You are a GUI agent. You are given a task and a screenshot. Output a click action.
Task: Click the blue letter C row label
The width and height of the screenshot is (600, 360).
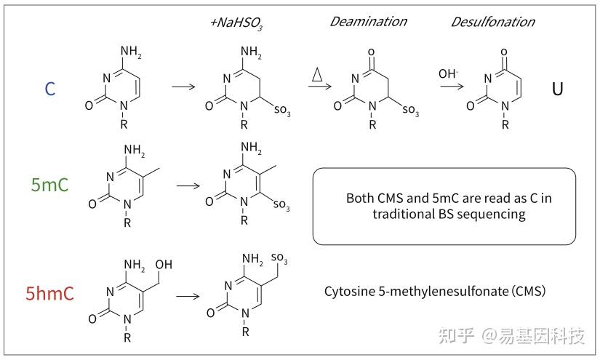click(50, 89)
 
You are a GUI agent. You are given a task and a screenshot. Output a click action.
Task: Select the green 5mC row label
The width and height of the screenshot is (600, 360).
click(50, 185)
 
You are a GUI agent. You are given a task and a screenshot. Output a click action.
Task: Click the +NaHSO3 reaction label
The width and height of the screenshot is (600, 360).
click(236, 23)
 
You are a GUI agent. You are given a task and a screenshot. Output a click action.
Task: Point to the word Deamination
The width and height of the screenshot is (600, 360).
click(369, 21)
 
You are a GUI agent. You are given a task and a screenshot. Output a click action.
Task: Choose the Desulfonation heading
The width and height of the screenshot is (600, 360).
click(493, 21)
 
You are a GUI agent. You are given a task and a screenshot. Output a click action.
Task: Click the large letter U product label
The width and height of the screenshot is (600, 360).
click(557, 89)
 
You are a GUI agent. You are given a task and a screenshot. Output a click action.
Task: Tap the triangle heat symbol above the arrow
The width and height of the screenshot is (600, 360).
click(318, 74)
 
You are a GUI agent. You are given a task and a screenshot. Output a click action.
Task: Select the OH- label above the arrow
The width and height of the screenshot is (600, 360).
click(447, 74)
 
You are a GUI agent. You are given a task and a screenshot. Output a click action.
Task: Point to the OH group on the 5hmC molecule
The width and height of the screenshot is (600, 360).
click(164, 262)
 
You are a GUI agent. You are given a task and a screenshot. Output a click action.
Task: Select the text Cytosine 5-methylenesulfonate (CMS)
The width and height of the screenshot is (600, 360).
click(435, 292)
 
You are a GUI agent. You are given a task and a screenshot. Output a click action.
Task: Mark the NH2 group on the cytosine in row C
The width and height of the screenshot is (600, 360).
click(130, 52)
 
